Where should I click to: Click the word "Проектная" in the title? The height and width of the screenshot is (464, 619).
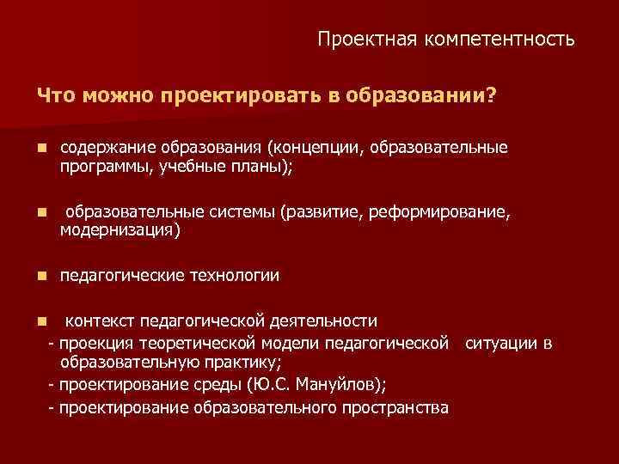(x=356, y=40)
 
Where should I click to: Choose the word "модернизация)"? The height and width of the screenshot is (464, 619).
(x=120, y=231)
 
